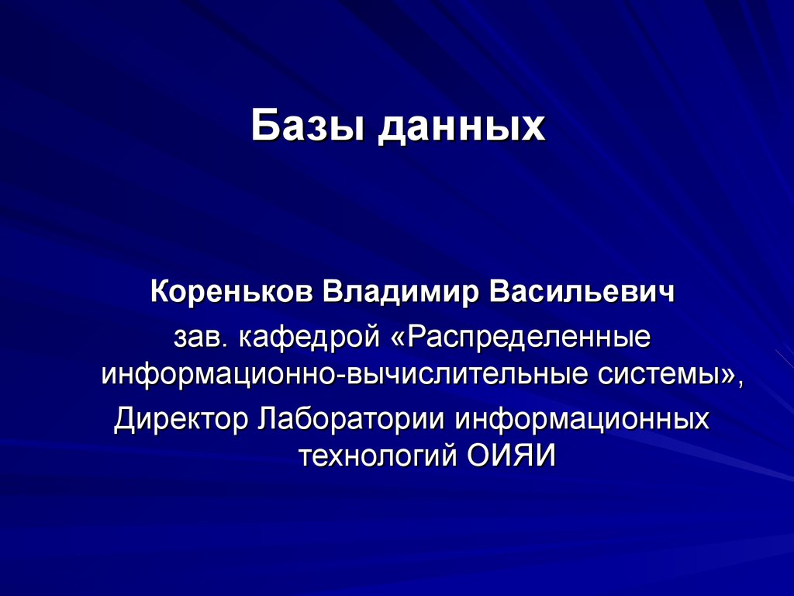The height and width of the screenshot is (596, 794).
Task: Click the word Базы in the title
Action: point(307,126)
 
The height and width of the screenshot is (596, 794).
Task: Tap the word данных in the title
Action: point(461,127)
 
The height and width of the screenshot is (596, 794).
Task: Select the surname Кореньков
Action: point(230,294)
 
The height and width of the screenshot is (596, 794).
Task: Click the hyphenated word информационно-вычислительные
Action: point(346,375)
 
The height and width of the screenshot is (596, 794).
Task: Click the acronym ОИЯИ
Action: point(512,456)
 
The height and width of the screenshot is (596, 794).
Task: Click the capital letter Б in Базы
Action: point(264,126)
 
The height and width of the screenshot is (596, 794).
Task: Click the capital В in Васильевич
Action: point(499,294)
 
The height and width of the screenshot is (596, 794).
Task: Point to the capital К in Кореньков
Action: point(158,294)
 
